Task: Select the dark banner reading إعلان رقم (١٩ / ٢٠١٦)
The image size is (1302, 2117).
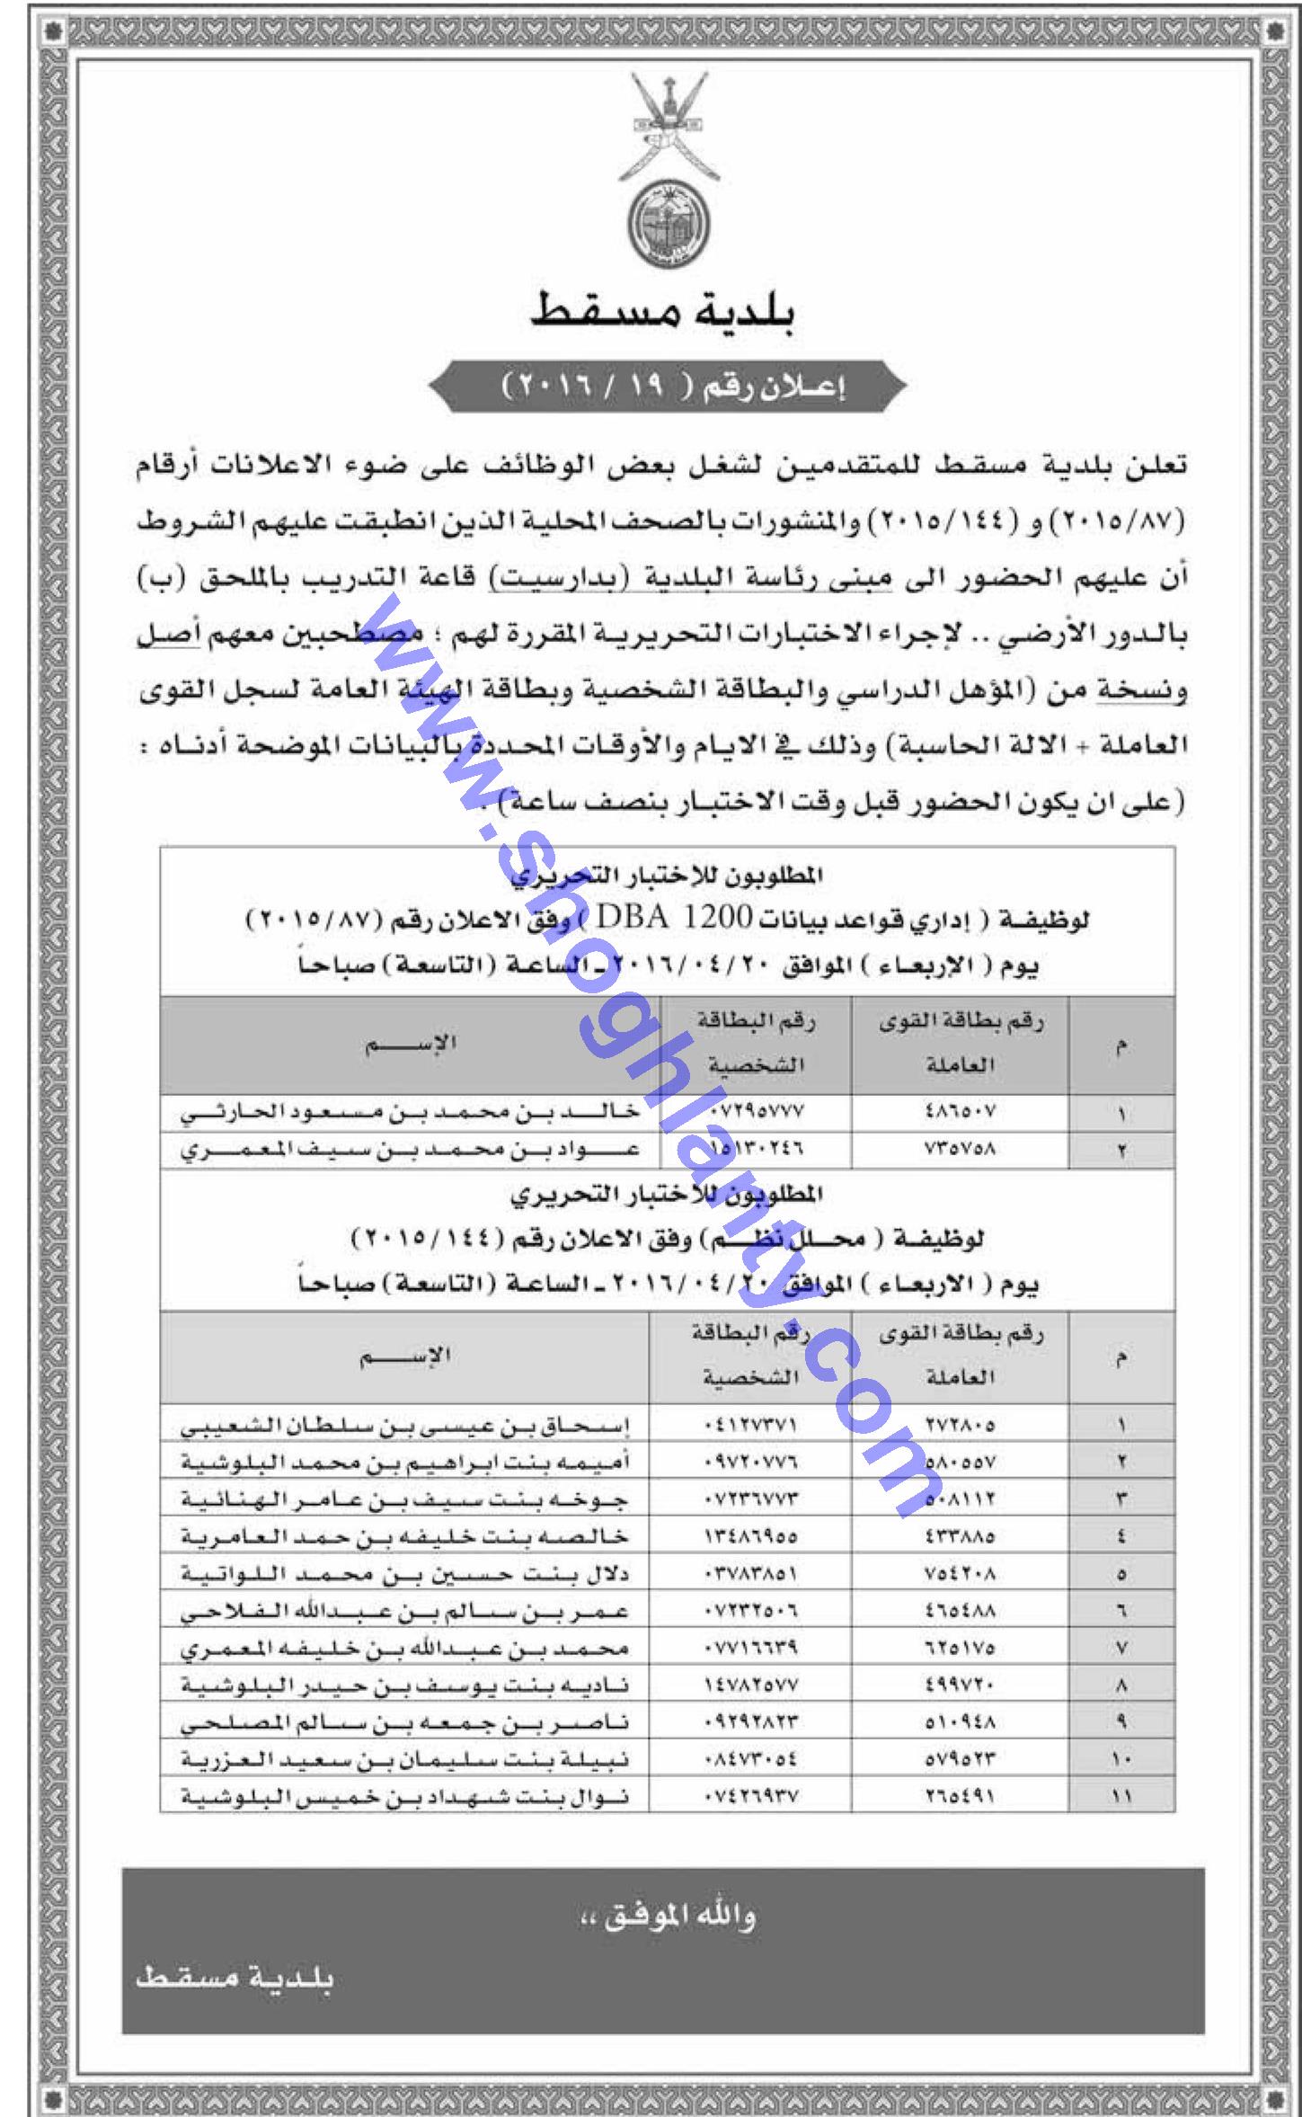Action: tap(666, 389)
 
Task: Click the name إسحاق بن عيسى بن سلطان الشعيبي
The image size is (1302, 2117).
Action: tap(406, 1425)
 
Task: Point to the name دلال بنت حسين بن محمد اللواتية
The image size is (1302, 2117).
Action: tap(406, 1574)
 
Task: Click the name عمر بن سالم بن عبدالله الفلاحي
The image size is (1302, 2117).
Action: tap(406, 1612)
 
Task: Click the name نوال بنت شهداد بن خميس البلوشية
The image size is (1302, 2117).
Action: tap(406, 1797)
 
